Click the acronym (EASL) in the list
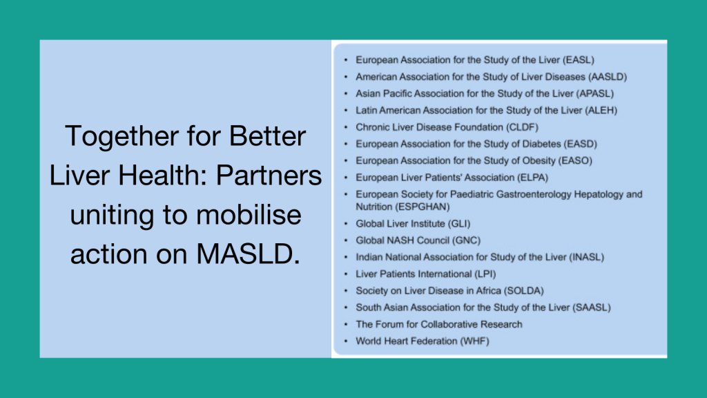click(578, 60)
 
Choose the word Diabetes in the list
click(527, 144)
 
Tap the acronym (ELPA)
click(525, 178)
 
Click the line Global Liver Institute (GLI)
click(413, 224)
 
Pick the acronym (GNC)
click(465, 240)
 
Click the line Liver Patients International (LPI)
click(425, 274)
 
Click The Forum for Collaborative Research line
click(438, 324)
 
